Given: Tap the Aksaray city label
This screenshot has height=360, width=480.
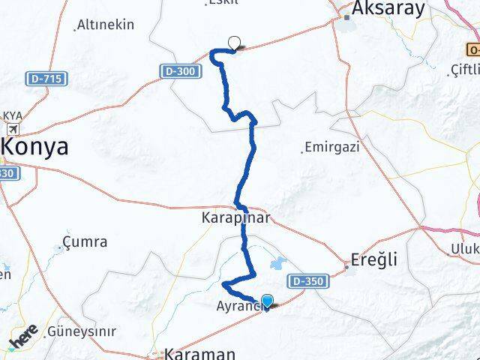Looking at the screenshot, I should coord(384,9).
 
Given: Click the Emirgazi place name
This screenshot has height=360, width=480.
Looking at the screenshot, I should coord(331,148).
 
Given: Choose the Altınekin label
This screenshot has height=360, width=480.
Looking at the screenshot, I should coord(106,25).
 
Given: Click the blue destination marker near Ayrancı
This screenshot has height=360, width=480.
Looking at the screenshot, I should coord(266,301).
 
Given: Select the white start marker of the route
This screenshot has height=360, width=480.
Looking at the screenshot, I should coord(235,43).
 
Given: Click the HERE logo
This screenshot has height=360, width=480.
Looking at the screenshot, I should coord(24,337).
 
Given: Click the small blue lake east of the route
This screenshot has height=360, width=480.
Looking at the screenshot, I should coord(275,263).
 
